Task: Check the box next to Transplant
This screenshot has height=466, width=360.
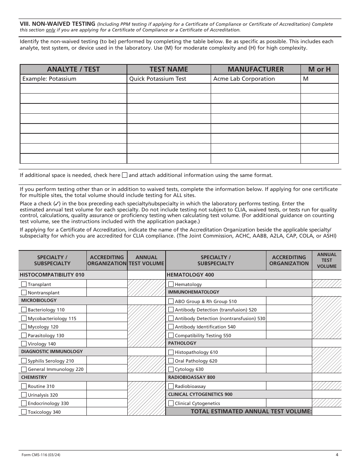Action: tap(24, 284)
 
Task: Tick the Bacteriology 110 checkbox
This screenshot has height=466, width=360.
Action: tap(24, 310)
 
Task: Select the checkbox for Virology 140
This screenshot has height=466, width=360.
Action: tap(24, 344)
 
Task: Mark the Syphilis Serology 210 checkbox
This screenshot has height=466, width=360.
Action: tap(24, 361)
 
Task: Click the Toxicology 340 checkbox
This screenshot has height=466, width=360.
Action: tap(24, 412)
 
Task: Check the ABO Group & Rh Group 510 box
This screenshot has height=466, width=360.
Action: tap(171, 301)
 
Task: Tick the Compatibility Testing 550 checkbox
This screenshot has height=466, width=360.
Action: tap(171, 335)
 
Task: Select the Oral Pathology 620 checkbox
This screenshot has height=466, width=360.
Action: tap(171, 361)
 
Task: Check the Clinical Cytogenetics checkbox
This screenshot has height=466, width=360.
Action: tap(171, 403)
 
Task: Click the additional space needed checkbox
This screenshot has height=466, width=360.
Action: tap(125, 175)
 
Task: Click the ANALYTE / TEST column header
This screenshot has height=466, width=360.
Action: tap(73, 69)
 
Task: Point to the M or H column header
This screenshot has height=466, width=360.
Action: tap(319, 69)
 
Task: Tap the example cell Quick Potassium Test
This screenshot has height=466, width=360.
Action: tap(158, 79)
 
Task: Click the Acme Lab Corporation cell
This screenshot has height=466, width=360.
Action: tap(244, 79)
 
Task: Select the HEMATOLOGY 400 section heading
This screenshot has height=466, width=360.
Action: tap(190, 275)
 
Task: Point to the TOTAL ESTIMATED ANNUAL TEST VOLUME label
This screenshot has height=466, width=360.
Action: tap(251, 411)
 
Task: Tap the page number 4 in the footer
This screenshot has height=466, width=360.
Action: tap(337, 455)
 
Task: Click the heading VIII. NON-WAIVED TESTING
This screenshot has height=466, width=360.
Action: tap(57, 24)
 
